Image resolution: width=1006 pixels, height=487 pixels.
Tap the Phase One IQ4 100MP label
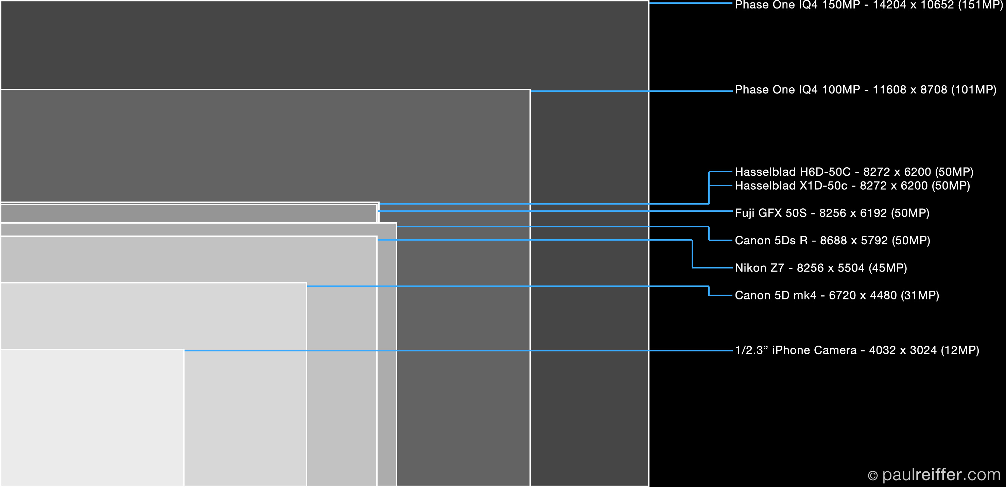[865, 89]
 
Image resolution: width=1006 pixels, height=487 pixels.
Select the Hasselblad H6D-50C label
[854, 172]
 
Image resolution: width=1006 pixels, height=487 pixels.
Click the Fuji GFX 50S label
[832, 213]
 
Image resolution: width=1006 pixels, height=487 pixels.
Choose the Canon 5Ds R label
[832, 240]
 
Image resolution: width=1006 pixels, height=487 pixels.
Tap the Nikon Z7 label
[820, 268]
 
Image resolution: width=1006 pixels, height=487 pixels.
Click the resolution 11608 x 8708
[909, 89]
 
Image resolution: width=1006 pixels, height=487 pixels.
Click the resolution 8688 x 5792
[854, 240]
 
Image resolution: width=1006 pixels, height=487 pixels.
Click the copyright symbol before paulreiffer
[872, 476]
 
